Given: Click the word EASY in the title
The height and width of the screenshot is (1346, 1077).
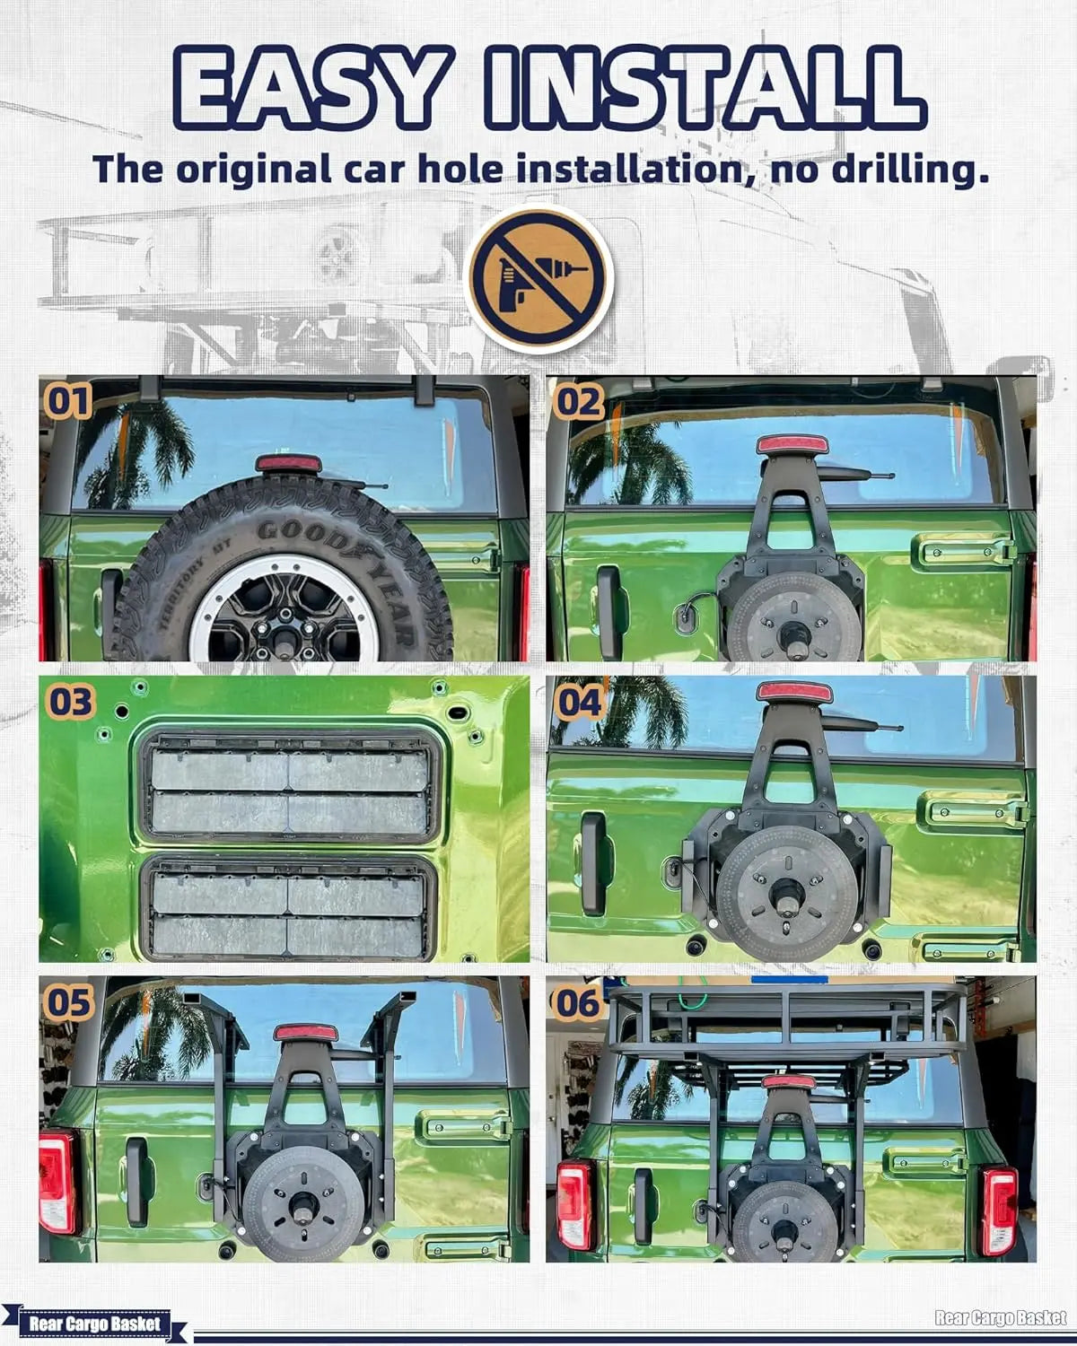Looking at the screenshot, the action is tap(311, 87).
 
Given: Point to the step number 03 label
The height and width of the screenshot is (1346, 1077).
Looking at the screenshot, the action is tap(71, 701).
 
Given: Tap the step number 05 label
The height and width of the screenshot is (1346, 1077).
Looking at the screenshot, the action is tap(70, 1002).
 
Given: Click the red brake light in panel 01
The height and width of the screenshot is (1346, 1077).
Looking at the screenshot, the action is tap(288, 464).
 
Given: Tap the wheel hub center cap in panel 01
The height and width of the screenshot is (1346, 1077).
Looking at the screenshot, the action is tap(285, 639).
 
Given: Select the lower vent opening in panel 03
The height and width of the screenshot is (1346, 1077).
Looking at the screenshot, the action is tap(288, 908).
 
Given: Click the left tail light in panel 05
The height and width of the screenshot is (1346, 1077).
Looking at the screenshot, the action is tap(57, 1182).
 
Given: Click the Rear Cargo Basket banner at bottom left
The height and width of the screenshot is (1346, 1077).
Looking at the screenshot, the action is tap(95, 1324).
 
